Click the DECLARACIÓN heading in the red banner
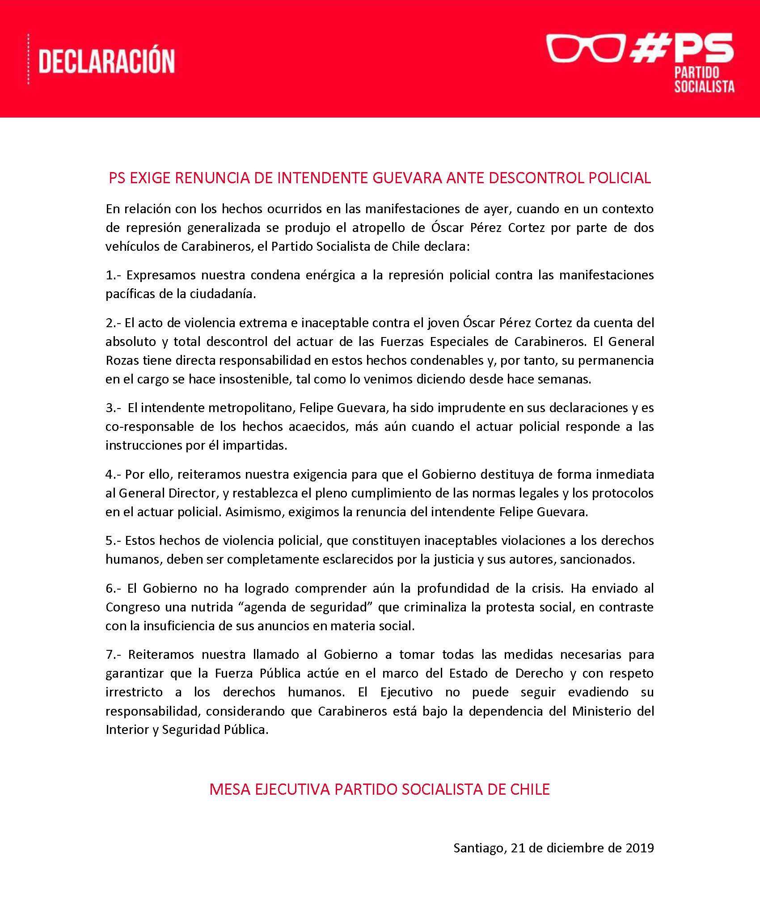(x=106, y=61)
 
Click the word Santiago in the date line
(x=478, y=848)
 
